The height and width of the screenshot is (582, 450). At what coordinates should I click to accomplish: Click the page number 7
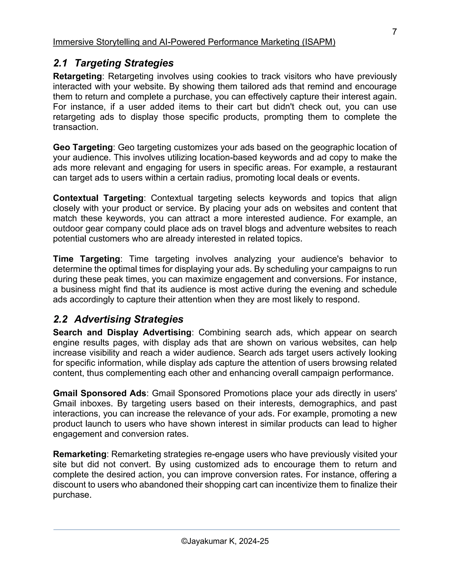(394, 32)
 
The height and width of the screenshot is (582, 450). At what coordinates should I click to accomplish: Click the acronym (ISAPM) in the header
(319, 42)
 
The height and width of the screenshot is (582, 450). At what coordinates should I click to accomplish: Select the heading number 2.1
(60, 63)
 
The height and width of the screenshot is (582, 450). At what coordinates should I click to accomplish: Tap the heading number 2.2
(60, 319)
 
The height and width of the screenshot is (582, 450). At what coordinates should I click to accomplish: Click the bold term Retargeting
(77, 76)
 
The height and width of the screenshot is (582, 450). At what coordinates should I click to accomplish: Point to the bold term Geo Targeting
(83, 147)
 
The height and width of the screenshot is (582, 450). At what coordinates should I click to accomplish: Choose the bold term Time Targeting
(87, 259)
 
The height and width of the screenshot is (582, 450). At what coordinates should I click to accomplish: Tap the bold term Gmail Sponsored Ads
(100, 393)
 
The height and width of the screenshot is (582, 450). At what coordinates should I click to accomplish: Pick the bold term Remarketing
(80, 454)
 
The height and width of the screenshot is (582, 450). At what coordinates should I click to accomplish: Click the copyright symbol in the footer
(184, 541)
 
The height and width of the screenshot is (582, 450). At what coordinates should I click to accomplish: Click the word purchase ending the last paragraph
(71, 495)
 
